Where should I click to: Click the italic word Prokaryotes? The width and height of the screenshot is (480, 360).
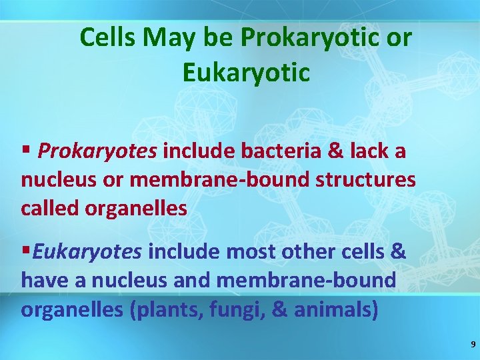click(x=97, y=152)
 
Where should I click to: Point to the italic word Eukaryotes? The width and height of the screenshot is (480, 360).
click(x=87, y=251)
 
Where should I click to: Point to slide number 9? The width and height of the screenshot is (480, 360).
click(x=473, y=345)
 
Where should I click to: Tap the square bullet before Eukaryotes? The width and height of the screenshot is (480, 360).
click(x=26, y=251)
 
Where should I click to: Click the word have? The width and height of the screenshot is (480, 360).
click(x=45, y=281)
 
